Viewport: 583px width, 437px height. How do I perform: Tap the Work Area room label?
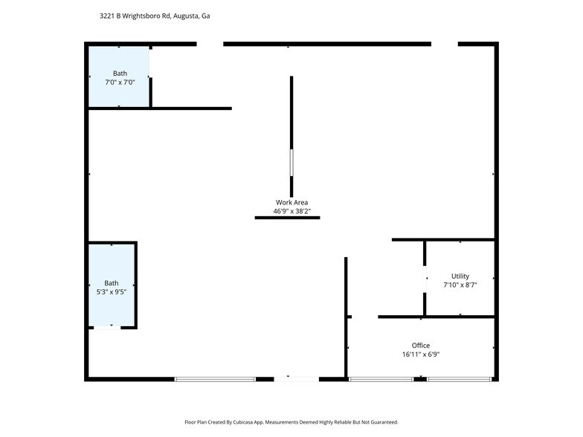click(x=291, y=202)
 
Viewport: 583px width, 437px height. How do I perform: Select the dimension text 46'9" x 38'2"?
click(x=291, y=211)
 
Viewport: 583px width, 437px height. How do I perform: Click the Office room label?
click(x=421, y=346)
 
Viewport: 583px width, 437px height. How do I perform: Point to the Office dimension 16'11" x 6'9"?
click(x=421, y=355)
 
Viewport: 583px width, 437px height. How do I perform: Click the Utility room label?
click(x=460, y=276)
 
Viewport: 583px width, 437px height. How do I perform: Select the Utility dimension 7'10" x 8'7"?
click(x=460, y=285)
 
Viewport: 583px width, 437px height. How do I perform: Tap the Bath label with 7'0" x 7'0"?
click(x=120, y=73)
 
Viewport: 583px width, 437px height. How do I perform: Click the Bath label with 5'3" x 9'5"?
click(x=111, y=283)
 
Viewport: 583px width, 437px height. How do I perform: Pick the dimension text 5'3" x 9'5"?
click(x=111, y=291)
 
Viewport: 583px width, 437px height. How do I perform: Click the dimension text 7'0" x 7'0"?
click(x=120, y=82)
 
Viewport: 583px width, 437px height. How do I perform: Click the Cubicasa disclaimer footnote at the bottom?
click(x=291, y=422)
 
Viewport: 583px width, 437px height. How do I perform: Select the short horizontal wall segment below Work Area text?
click(x=287, y=218)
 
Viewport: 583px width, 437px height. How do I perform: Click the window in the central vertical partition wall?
click(x=291, y=163)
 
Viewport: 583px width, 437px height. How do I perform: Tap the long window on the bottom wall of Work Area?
click(x=215, y=379)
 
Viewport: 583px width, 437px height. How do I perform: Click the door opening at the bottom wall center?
click(x=296, y=379)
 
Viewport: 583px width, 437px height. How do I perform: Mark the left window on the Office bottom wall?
click(x=381, y=379)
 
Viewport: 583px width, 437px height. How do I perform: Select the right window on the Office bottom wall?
click(x=459, y=379)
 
